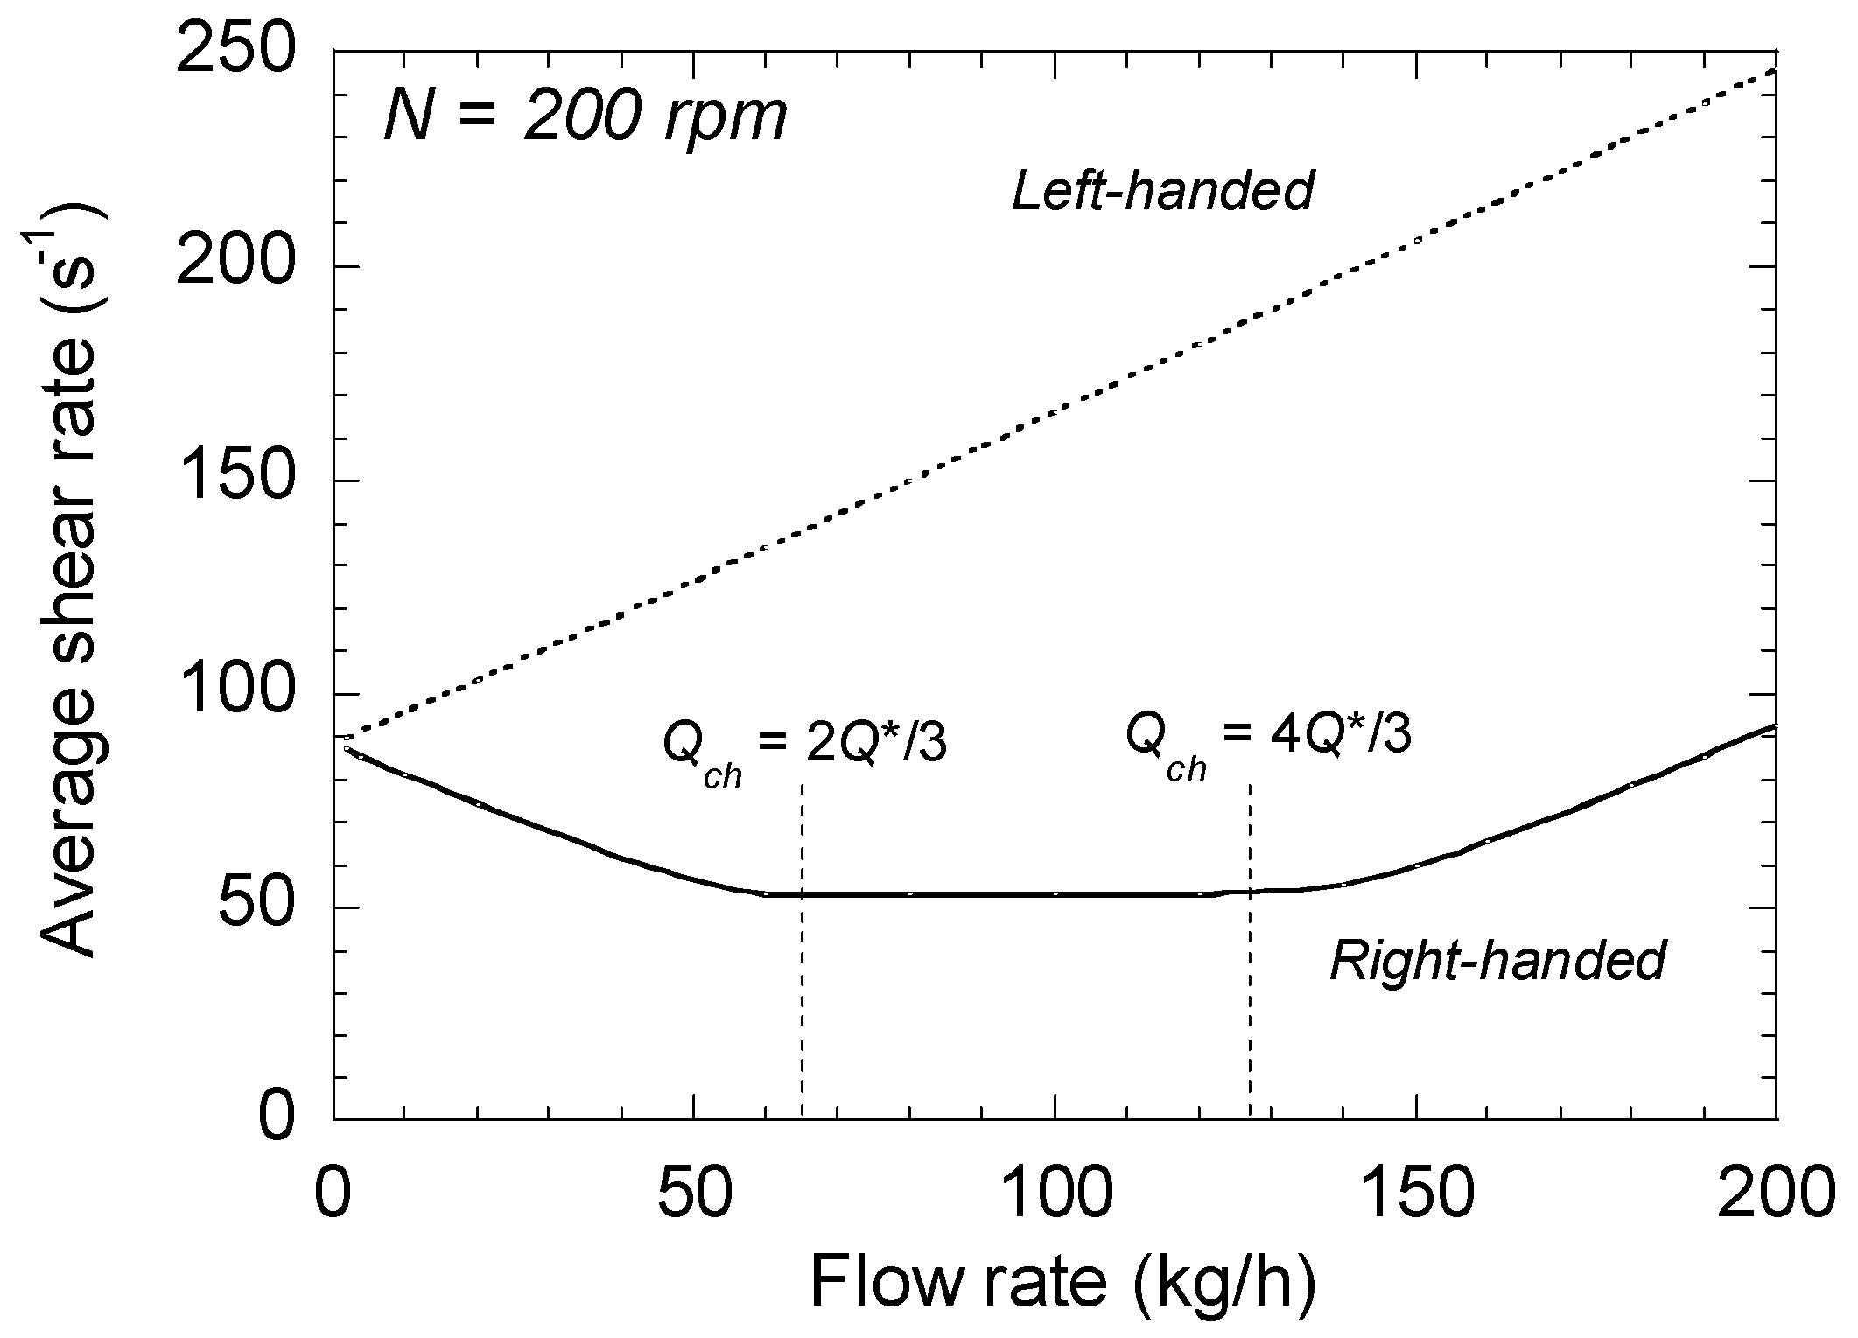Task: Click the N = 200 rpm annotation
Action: pos(585,117)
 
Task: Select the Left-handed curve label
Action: pos(1163,190)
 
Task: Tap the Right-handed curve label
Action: pos(1497,961)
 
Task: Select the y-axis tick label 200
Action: pos(233,267)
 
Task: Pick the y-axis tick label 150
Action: pos(233,480)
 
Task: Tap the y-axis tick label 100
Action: pos(233,694)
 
